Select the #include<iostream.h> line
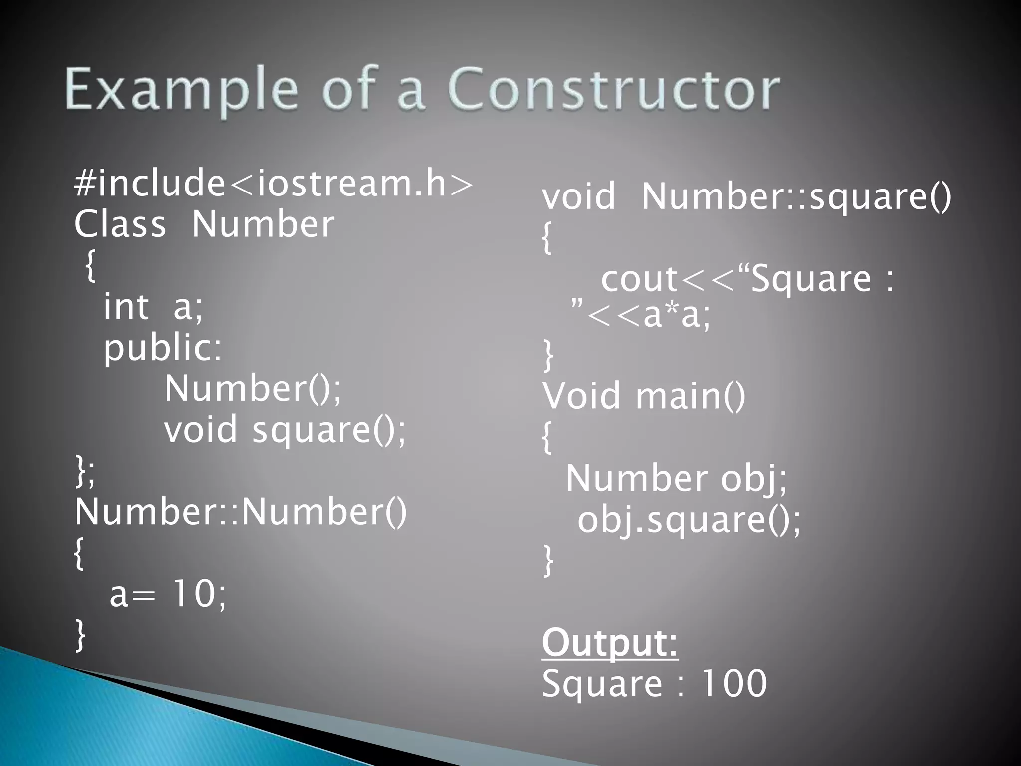[273, 184]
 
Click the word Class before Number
[120, 224]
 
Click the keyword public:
[163, 348]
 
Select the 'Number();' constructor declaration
[253, 389]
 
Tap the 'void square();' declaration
[285, 430]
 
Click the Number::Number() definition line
[241, 512]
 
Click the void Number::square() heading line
[746, 196]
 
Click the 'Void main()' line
[644, 396]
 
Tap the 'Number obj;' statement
[676, 478]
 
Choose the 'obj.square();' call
[688, 520]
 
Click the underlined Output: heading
[610, 643]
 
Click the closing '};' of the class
[85, 471]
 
